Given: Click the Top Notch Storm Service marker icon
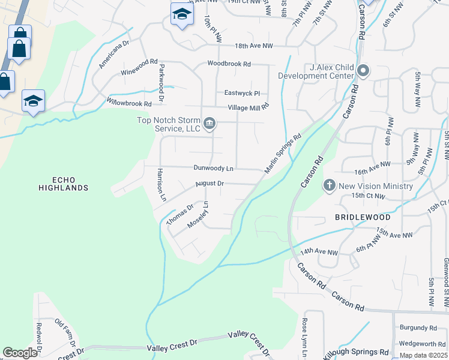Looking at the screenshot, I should [x=209, y=124].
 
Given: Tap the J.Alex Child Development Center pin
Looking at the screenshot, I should [x=363, y=71].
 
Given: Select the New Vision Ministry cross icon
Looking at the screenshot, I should [x=329, y=185].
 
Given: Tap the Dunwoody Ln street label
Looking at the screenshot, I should [x=213, y=169].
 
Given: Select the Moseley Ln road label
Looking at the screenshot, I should [x=198, y=214].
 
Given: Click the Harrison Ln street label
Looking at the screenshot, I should [x=161, y=184].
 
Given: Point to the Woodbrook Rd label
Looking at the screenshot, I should [x=229, y=64].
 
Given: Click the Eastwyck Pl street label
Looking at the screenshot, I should [x=242, y=93].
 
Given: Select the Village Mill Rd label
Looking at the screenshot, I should [x=248, y=107].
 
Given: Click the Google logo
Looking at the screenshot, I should [x=20, y=353].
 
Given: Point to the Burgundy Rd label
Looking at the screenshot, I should [x=418, y=328].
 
